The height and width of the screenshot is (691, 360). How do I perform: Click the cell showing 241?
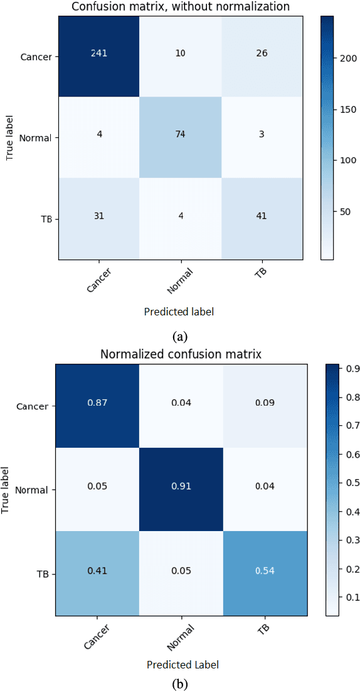point(98,53)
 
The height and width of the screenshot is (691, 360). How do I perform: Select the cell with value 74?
point(181,135)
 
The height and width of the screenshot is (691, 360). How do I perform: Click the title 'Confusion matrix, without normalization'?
point(181,6)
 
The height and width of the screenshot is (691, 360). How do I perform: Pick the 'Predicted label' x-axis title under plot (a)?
point(181,311)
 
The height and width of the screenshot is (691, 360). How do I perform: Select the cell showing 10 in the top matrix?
point(181,53)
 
